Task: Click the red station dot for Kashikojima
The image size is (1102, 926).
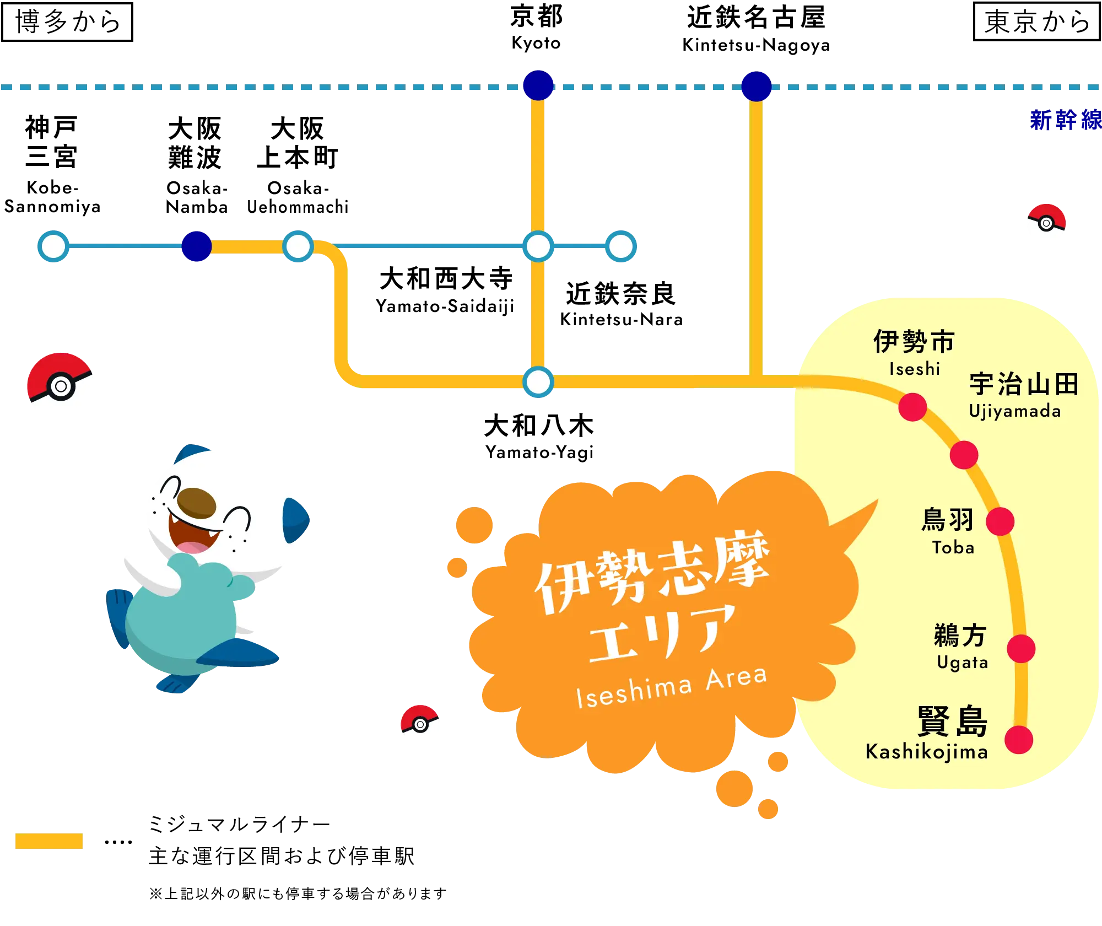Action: (x=1018, y=740)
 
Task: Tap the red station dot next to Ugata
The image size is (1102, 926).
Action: (x=1021, y=649)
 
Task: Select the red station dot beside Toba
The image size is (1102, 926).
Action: (x=1000, y=521)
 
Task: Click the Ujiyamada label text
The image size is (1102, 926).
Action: (x=1014, y=411)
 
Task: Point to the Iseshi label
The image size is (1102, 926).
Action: (x=914, y=369)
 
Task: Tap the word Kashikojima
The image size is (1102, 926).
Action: (x=927, y=752)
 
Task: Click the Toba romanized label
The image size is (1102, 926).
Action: (x=953, y=547)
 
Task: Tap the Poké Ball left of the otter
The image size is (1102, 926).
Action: (x=62, y=387)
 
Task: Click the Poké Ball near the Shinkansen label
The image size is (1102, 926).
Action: (x=1046, y=223)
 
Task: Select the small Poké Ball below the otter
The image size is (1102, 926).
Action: (x=420, y=724)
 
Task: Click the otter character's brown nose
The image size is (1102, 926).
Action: (x=197, y=502)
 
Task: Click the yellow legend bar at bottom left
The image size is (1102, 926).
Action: (x=48, y=842)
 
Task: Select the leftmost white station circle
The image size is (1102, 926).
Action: (x=53, y=246)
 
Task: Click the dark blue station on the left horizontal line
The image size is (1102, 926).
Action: (x=196, y=246)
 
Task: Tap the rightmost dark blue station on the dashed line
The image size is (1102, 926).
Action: (x=756, y=86)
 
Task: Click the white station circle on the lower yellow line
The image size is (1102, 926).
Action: (x=538, y=382)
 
